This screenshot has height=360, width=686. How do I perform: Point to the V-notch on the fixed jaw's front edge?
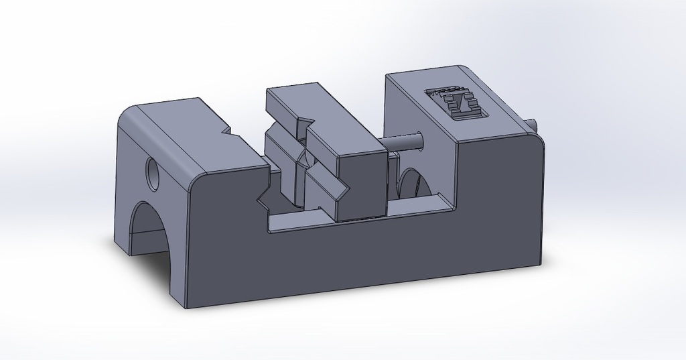(263, 198)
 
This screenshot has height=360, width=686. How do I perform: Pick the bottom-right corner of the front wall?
(539, 262)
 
